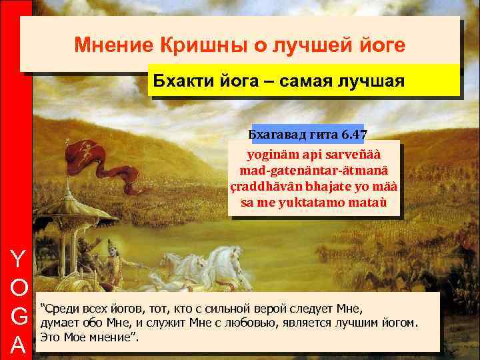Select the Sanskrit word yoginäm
point(270,157)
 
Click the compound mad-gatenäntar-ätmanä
point(314,171)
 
